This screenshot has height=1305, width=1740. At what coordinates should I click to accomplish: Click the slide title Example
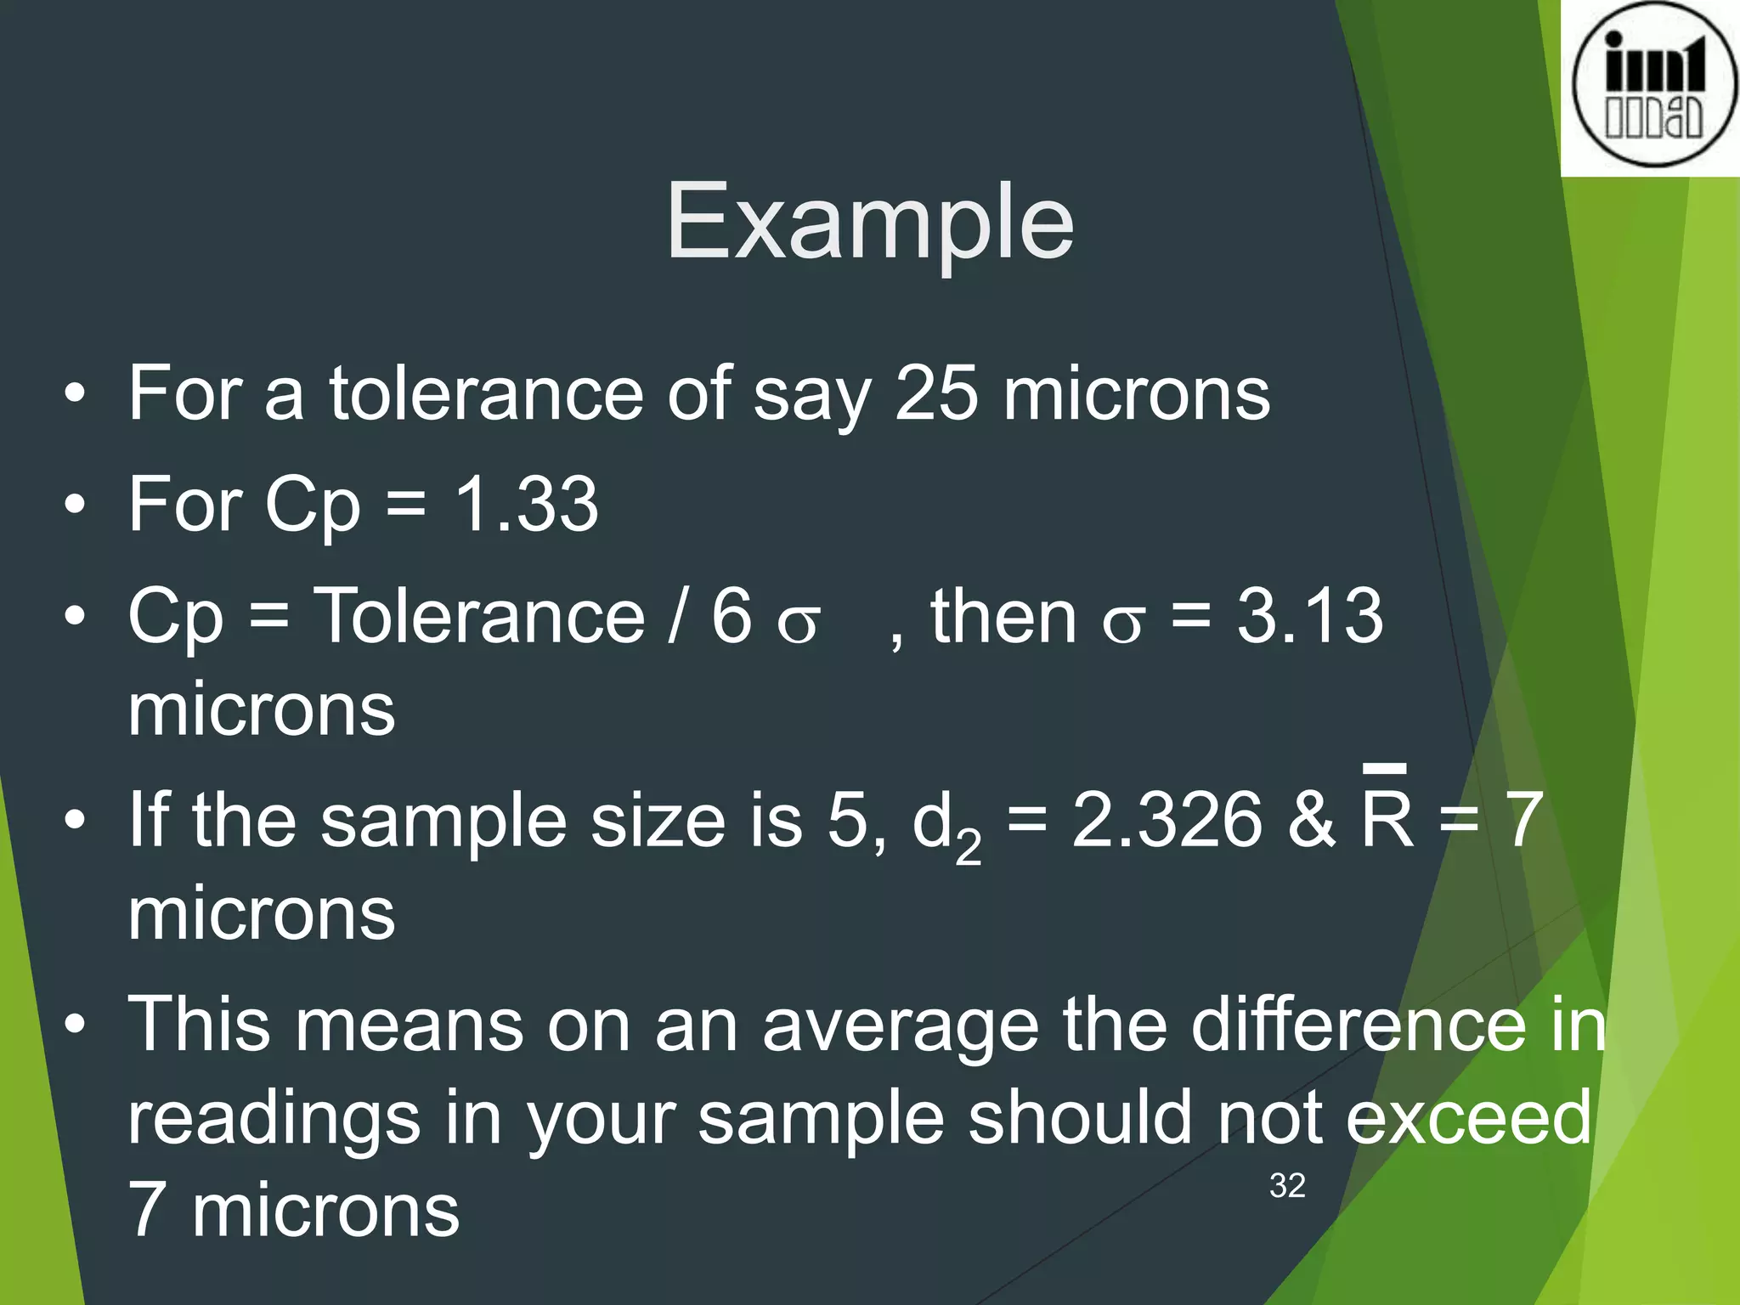(869, 223)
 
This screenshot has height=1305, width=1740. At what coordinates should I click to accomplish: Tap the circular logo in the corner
(1653, 85)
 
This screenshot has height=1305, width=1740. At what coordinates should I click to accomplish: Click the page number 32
(1286, 1186)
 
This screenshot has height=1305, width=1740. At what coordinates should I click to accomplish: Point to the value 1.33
(527, 504)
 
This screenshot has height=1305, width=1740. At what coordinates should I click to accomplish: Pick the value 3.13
(1309, 616)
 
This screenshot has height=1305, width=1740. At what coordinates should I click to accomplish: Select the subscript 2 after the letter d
(969, 846)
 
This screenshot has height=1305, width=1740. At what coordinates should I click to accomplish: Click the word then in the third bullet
(1003, 616)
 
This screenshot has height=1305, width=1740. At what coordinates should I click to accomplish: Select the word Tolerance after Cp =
(480, 616)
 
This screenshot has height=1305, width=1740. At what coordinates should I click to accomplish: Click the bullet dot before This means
(75, 1025)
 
